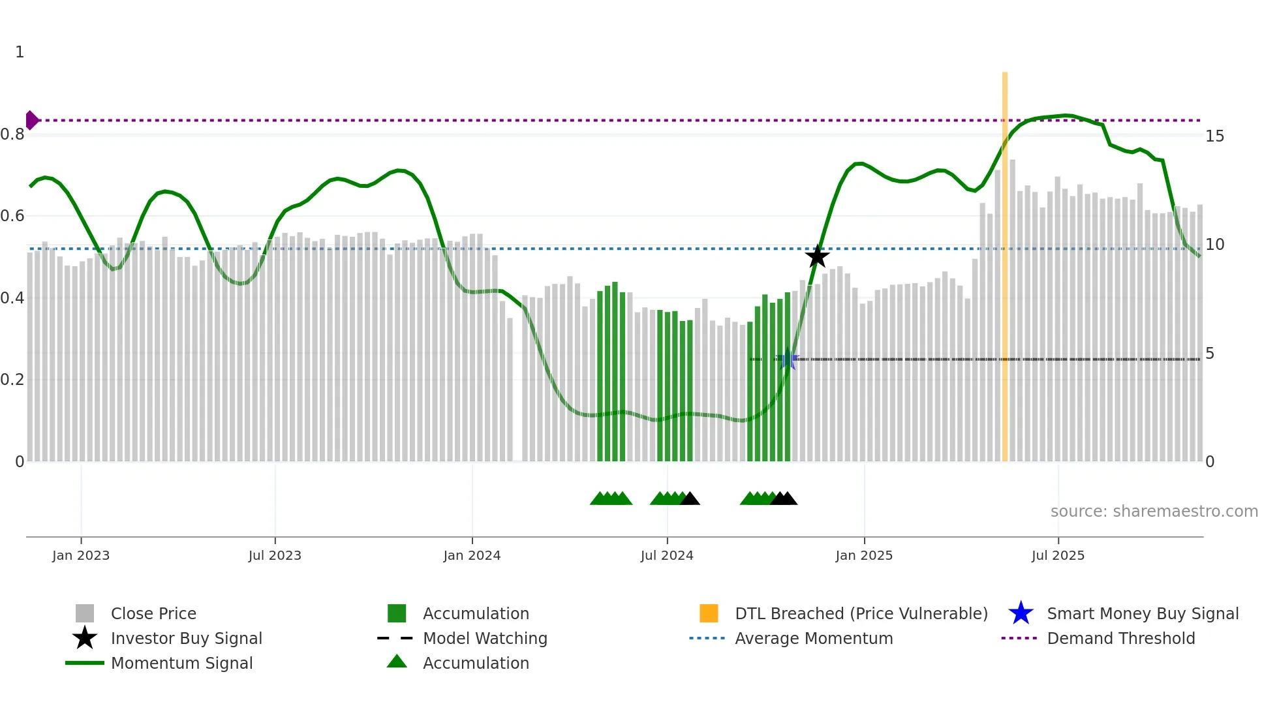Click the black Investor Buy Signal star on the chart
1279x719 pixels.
coord(817,256)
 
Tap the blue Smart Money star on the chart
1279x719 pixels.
coord(788,359)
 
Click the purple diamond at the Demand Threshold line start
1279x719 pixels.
coord(31,120)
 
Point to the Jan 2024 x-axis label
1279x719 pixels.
coord(472,555)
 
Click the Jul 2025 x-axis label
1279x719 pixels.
coord(1058,555)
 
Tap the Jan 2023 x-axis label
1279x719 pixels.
coord(81,555)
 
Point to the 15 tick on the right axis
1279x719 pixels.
coord(1214,136)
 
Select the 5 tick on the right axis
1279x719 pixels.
coord(1210,354)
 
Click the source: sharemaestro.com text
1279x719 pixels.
coord(1154,512)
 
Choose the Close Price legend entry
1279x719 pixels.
coord(153,613)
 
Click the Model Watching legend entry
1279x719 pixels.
coord(485,638)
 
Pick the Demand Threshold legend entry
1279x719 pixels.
coord(1120,638)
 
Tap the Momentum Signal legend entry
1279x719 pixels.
coord(181,663)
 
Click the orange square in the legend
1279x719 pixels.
coord(709,613)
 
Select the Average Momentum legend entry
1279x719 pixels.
coord(814,638)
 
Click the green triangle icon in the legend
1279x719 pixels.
coord(397,662)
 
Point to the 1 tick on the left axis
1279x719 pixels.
coord(20,52)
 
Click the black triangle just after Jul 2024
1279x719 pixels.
coord(690,499)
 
